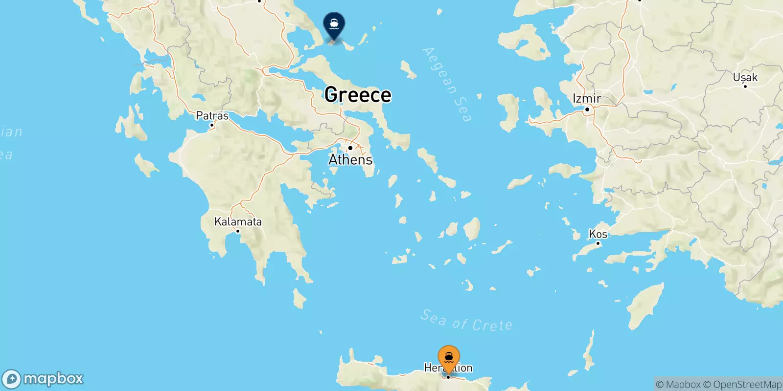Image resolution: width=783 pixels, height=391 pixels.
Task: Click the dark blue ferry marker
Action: pyautogui.click(x=334, y=24)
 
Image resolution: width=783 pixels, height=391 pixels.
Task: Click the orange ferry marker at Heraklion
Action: pyautogui.click(x=449, y=358)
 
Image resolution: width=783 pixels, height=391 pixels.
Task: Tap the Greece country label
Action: pyautogui.click(x=358, y=95)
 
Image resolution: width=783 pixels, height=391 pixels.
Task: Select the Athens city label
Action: pyautogui.click(x=350, y=160)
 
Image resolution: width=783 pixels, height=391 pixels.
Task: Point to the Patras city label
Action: pyautogui.click(x=212, y=116)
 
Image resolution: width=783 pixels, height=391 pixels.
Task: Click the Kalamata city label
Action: pyautogui.click(x=238, y=222)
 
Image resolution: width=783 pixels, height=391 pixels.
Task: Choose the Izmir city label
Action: pyautogui.click(x=587, y=99)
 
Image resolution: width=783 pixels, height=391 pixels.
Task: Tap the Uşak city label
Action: pyautogui.click(x=745, y=77)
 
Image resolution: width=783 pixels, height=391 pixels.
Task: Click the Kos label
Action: pyautogui.click(x=598, y=234)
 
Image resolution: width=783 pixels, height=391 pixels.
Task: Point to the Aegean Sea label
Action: pyautogui.click(x=447, y=84)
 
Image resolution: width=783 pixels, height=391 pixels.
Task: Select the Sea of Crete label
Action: pyautogui.click(x=466, y=321)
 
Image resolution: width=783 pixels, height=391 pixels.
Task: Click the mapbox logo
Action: pyautogui.click(x=43, y=379)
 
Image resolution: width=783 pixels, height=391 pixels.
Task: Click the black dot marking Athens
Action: pyautogui.click(x=350, y=148)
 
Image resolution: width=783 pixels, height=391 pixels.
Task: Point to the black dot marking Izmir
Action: pyautogui.click(x=587, y=109)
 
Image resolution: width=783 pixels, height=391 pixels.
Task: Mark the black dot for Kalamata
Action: pyautogui.click(x=238, y=231)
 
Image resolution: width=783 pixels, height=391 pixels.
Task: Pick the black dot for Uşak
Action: pyautogui.click(x=745, y=86)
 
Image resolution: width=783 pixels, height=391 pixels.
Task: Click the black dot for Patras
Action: pyautogui.click(x=212, y=125)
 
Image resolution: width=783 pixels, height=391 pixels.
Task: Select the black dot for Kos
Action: pyautogui.click(x=598, y=243)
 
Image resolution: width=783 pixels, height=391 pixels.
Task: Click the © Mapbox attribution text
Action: pyautogui.click(x=678, y=385)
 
